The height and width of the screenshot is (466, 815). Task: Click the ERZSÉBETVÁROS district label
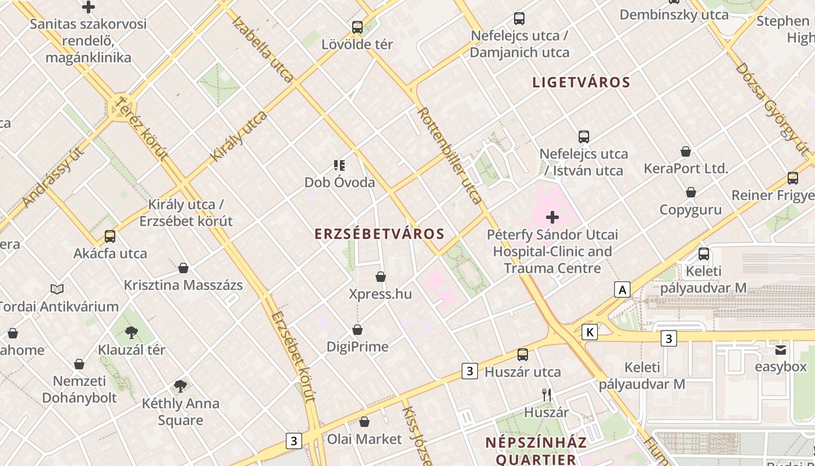[x=380, y=234]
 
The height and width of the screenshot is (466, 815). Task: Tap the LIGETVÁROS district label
[x=581, y=82]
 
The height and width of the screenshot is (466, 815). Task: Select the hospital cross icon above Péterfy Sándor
[x=552, y=218]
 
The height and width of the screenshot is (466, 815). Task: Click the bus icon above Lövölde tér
[x=357, y=27]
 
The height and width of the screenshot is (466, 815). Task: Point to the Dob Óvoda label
[x=339, y=182]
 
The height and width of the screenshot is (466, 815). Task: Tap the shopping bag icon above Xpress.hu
[x=381, y=277]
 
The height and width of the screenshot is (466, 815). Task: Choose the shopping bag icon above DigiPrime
[x=357, y=330]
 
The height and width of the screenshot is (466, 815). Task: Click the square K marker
[x=590, y=332]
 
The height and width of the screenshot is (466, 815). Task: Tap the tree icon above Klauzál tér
[x=132, y=333]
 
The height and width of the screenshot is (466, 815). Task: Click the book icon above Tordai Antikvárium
[x=57, y=289]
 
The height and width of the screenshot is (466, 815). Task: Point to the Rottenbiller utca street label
[x=450, y=156]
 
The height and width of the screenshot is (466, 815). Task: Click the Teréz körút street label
[x=142, y=129]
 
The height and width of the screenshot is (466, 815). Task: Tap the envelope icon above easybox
[x=781, y=349]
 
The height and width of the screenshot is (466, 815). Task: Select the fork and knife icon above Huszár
[x=546, y=395]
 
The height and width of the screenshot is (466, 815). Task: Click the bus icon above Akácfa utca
[x=110, y=236]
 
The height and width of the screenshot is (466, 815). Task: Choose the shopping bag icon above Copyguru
[x=690, y=192]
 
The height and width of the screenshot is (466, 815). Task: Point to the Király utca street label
[x=239, y=136]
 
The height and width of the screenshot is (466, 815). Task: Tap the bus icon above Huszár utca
[x=523, y=354]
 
